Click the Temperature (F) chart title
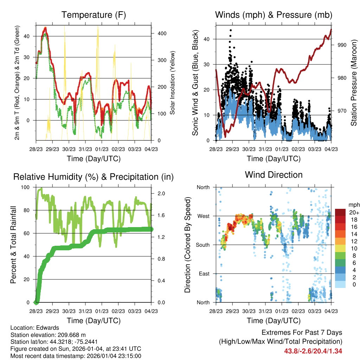tap(94, 15)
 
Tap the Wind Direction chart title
tap(274, 175)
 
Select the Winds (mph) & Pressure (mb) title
tap(274, 15)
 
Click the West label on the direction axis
tap(203, 216)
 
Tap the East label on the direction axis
tap(204, 274)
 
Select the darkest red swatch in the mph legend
tap(340, 212)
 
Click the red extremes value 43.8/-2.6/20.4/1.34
tap(313, 351)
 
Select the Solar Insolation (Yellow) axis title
tap(173, 83)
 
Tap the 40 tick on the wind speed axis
tap(207, 39)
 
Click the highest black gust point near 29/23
tap(231, 30)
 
